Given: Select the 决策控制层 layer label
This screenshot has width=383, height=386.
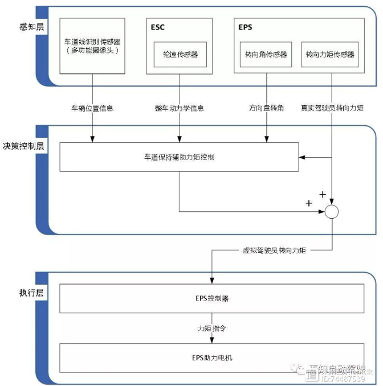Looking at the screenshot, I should (x=23, y=145).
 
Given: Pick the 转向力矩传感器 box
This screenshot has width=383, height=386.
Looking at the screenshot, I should (x=329, y=55).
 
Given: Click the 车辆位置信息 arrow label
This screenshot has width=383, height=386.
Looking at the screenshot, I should (x=92, y=108).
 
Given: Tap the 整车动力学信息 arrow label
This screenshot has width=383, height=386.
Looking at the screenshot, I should (x=179, y=108).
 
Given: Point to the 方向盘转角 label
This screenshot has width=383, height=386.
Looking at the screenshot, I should (x=266, y=108).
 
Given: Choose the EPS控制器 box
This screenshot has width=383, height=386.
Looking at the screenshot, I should (x=211, y=298).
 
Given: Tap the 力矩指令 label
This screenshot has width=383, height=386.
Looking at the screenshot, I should (x=212, y=328).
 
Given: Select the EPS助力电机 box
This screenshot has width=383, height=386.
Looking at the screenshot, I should (x=211, y=358).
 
